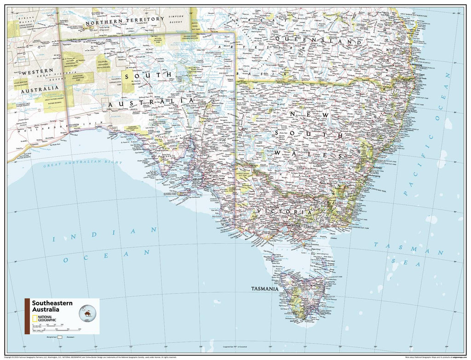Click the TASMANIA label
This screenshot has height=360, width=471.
264,290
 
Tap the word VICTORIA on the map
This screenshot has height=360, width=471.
285,211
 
